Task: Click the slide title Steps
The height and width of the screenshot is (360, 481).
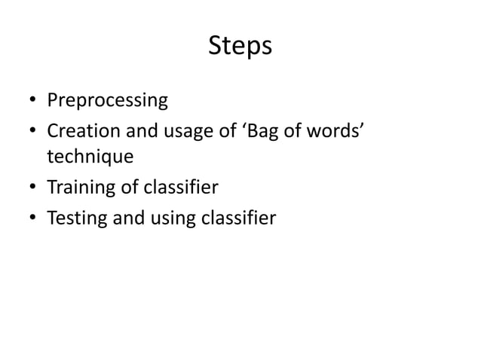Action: pyautogui.click(x=240, y=47)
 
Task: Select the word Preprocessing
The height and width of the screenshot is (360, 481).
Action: pyautogui.click(x=107, y=100)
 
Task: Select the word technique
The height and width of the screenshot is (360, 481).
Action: pyautogui.click(x=90, y=157)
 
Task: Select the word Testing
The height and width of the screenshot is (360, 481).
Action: pyautogui.click(x=75, y=218)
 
